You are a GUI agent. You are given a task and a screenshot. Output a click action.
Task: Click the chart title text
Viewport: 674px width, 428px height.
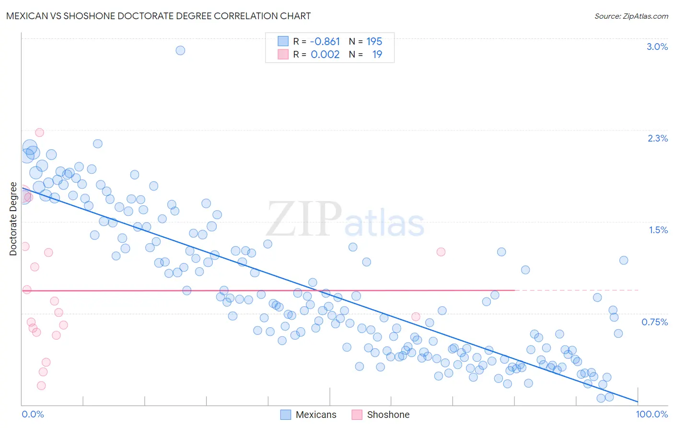158,16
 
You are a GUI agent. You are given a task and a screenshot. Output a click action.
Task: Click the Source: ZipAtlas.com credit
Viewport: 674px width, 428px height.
631,16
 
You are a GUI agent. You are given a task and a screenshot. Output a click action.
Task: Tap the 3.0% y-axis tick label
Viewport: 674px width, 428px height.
657,47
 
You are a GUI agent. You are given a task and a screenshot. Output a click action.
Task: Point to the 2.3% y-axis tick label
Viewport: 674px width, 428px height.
657,138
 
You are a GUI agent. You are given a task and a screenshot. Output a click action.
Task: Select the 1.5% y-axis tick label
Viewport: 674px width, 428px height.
658,230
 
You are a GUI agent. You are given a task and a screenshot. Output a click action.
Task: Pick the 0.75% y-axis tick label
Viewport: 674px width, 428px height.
654,322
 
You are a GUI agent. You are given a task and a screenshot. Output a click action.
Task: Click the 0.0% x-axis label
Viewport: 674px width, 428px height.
33,414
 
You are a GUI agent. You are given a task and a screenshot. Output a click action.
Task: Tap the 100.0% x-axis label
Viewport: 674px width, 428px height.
651,414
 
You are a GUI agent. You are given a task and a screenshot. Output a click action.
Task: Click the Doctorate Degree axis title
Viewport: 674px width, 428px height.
13,219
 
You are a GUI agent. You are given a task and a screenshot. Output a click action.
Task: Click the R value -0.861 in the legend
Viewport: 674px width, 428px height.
325,42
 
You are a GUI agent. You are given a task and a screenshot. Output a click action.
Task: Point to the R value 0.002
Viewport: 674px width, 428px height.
325,54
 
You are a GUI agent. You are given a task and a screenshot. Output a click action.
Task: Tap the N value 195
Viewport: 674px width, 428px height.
374,42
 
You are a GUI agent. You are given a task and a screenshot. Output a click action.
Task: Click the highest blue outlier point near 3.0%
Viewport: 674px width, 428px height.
180,50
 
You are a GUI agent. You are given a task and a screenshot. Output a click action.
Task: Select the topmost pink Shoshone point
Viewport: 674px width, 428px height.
40,132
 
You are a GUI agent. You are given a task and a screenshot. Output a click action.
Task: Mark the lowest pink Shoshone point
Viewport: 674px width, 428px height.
41,386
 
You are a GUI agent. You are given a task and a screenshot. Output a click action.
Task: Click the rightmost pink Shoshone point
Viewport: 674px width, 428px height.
441,252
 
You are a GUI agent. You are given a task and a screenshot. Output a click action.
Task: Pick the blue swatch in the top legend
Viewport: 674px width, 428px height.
283,41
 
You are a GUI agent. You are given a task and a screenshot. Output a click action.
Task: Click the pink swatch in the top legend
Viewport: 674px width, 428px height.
283,54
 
